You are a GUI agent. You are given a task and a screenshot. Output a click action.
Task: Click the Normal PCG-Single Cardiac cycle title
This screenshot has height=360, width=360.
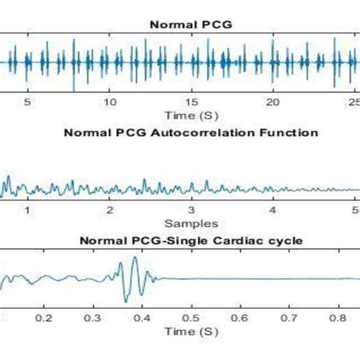pyautogui.click(x=191, y=242)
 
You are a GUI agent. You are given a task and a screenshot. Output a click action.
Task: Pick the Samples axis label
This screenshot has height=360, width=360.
pyautogui.click(x=191, y=223)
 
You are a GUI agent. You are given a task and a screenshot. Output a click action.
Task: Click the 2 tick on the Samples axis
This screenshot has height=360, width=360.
pyautogui.click(x=110, y=210)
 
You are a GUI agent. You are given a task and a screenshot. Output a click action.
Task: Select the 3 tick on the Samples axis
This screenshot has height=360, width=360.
pyautogui.click(x=192, y=210)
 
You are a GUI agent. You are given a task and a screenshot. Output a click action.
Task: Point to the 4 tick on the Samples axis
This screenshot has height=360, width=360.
pyautogui.click(x=274, y=210)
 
